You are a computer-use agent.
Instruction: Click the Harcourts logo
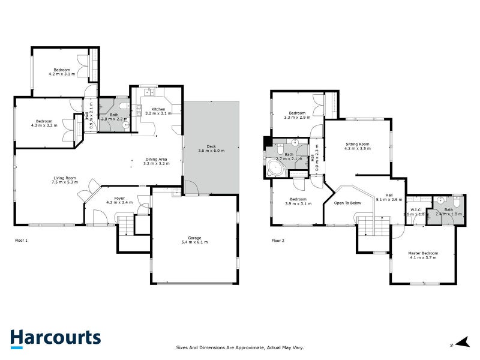click(x=55, y=338)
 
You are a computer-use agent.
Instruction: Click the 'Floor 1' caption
click(x=22, y=241)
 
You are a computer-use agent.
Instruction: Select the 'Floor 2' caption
click(x=278, y=241)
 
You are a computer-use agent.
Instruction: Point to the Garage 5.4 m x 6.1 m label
click(x=194, y=240)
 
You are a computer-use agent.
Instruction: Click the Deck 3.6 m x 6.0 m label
click(x=211, y=148)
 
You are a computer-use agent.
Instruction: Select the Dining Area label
click(x=155, y=161)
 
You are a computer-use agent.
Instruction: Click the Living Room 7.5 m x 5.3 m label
click(x=65, y=180)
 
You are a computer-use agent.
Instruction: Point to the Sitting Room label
click(x=357, y=146)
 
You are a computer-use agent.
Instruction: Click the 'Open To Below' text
click(x=347, y=203)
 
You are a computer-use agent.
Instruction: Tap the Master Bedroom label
click(x=423, y=255)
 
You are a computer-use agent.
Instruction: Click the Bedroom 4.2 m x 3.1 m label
click(x=62, y=72)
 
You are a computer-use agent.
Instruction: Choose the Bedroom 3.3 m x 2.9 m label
click(x=298, y=115)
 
